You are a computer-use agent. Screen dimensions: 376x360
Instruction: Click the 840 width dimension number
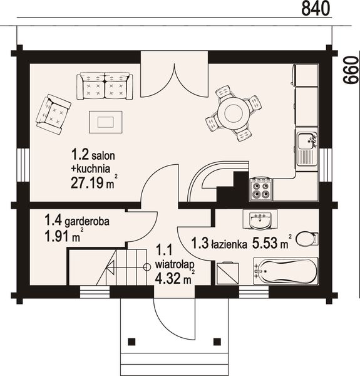(316, 9)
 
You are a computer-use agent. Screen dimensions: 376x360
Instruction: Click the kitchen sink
(306, 149)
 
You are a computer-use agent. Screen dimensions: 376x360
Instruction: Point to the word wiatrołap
(172, 265)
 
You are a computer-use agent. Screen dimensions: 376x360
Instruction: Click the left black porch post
(131, 342)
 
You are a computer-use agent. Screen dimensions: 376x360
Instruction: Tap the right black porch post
(217, 342)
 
